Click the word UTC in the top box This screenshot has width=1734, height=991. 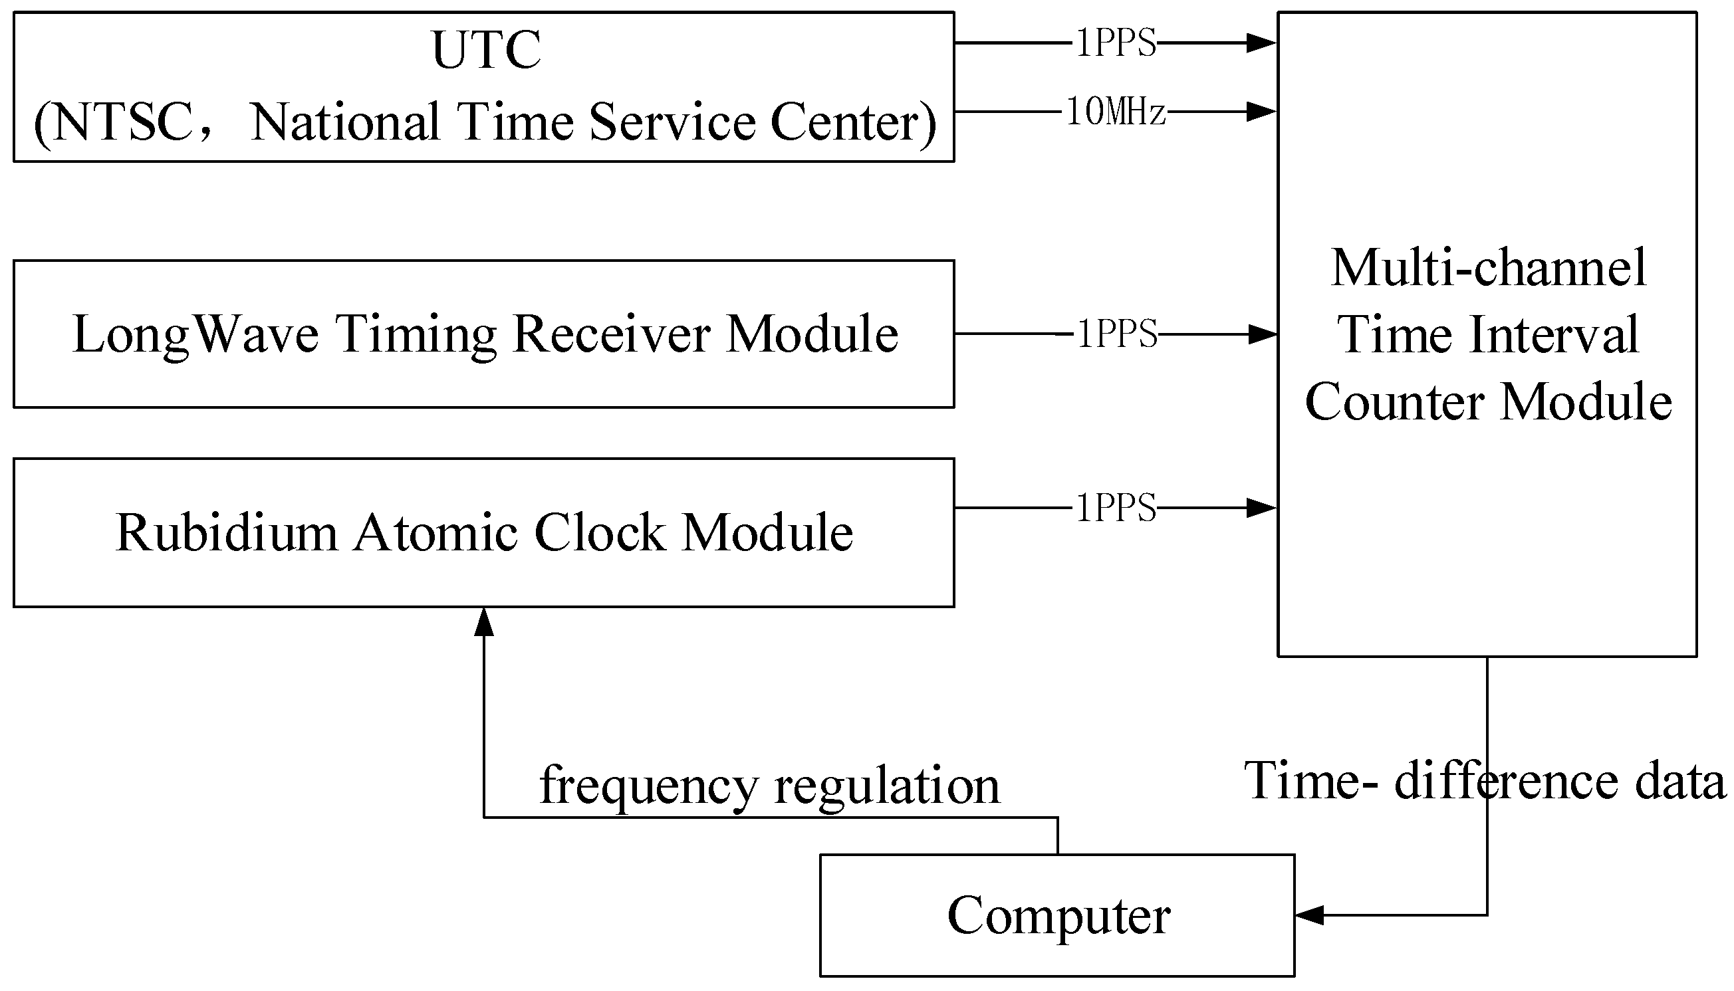[486, 51]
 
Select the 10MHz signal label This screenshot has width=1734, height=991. [1115, 112]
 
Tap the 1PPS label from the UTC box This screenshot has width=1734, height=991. [1115, 44]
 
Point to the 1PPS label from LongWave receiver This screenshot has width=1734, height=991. [1116, 334]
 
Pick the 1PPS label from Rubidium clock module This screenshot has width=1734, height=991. [1115, 508]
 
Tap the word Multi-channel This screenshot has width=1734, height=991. [1488, 267]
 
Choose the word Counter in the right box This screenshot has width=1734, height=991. [1393, 401]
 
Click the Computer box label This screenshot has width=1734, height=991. [1058, 915]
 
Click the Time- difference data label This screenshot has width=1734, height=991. [1484, 781]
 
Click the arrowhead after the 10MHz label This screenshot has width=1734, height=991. [1260, 112]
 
